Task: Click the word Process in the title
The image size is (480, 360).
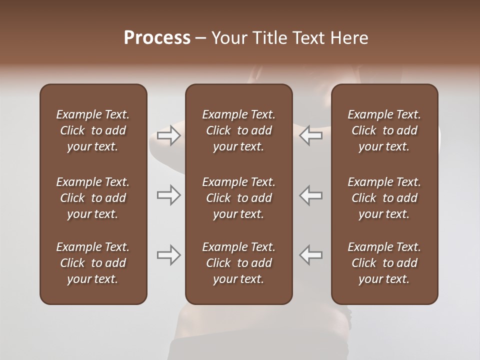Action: point(157,38)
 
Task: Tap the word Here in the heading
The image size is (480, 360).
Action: point(350,38)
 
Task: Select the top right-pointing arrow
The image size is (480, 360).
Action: point(168,135)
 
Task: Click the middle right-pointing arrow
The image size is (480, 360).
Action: point(168,195)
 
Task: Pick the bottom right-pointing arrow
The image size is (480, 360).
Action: point(168,255)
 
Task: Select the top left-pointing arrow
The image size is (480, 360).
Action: point(311,135)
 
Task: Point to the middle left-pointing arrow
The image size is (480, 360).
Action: point(311,195)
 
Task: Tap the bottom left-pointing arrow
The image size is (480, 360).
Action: point(311,255)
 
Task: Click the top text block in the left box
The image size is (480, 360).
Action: point(93,130)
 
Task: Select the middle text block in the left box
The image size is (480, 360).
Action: point(93,198)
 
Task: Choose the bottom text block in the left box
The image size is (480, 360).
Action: point(93,263)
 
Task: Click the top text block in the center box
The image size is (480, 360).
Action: point(238,130)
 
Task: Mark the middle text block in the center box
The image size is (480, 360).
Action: point(238,198)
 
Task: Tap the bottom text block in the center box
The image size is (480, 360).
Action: point(238,263)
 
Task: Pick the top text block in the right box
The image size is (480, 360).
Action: point(384,130)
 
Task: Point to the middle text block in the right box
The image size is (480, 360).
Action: point(384,198)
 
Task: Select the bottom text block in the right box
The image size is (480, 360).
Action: point(384,263)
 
